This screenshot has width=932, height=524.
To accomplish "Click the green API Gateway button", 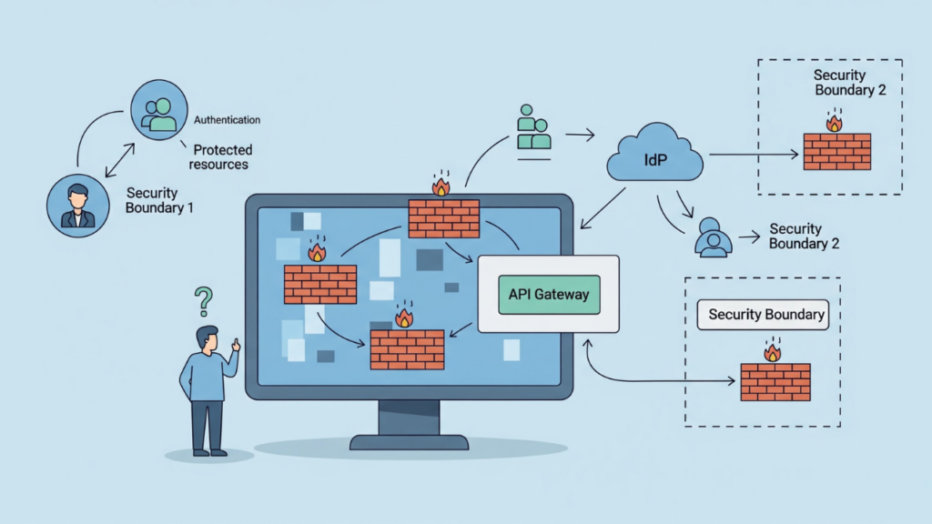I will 549,294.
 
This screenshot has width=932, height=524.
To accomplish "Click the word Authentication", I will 228,120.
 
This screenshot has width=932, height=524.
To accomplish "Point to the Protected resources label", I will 220,156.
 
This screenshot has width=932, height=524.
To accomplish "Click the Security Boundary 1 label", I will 159,199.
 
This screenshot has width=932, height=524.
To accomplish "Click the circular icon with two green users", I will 160,109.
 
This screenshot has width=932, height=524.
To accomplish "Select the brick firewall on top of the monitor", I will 444,218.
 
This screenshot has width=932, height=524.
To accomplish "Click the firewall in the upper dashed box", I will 837,151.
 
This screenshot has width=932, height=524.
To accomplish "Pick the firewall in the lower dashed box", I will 775,382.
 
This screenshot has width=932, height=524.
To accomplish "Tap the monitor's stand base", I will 409,442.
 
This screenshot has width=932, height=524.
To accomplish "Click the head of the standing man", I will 208,339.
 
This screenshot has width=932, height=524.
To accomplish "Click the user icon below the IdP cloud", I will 713,237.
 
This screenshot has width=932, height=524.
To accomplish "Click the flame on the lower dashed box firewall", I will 773,351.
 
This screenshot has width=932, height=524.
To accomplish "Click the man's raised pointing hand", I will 236,345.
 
